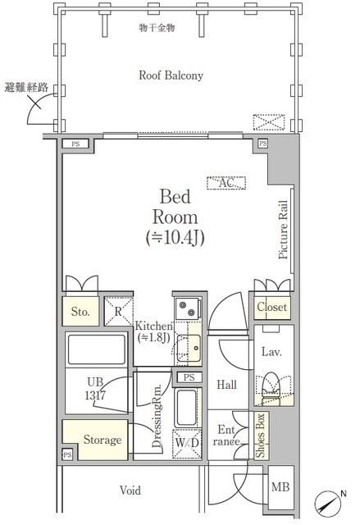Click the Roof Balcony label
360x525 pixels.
(x=171, y=75)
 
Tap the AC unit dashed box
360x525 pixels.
(x=226, y=183)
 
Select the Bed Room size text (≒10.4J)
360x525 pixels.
(x=175, y=238)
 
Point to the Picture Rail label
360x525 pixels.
(x=283, y=230)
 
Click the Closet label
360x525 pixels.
(x=272, y=307)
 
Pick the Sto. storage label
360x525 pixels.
(x=80, y=312)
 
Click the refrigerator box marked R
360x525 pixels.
(x=119, y=312)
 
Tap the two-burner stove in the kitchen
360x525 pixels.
(x=187, y=309)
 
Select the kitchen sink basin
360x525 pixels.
(x=189, y=348)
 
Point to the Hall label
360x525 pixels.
(x=226, y=385)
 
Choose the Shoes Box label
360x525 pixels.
(x=260, y=436)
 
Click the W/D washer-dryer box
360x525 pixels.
(x=187, y=443)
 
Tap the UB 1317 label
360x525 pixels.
(x=95, y=389)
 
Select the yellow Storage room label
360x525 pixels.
(x=103, y=440)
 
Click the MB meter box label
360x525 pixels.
(x=280, y=486)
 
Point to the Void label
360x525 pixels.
(x=130, y=491)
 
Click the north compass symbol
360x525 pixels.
(x=327, y=503)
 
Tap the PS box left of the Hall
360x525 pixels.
(x=189, y=377)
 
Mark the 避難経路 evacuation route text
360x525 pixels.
(x=26, y=88)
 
